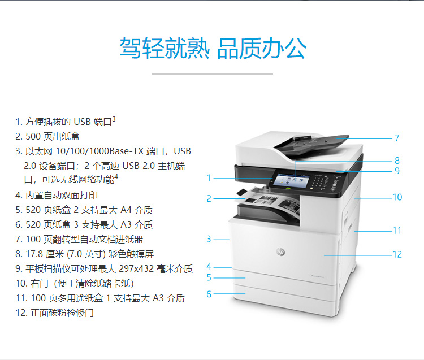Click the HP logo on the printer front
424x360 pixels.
280,251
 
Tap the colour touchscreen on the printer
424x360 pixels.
291,180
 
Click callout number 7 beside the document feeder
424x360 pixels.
397,138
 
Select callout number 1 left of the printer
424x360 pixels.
209,178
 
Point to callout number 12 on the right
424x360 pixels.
397,254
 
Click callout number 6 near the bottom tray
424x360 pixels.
209,294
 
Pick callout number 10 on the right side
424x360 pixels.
397,197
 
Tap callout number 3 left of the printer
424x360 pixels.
209,239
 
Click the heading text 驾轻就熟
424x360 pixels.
165,48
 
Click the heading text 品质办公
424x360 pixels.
262,48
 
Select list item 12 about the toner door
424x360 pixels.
55,313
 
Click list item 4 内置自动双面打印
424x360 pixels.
57,195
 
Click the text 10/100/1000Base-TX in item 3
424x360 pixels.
99,151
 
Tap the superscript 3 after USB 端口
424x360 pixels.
114,119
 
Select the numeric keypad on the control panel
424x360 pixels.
320,181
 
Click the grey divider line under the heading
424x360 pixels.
212,73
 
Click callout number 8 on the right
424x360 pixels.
397,161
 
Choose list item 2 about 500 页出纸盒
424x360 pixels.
47,136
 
